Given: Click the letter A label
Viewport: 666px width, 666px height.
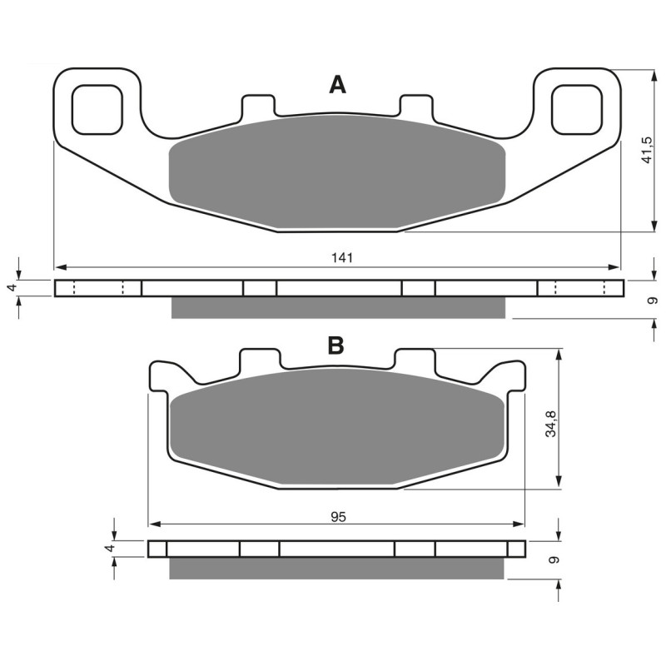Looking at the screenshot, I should (x=336, y=84).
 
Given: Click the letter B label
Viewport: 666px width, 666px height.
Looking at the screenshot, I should (x=335, y=345).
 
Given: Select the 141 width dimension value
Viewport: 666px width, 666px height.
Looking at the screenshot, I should (x=341, y=258).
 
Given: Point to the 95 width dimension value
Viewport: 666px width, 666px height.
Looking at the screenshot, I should (x=337, y=516).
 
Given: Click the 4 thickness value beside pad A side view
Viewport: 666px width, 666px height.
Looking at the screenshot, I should (x=12, y=287).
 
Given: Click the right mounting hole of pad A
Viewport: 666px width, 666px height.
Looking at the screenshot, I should (x=577, y=110).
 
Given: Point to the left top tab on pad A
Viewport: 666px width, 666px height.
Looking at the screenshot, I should (x=257, y=107).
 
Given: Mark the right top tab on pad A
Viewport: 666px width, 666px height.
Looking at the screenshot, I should (x=416, y=106).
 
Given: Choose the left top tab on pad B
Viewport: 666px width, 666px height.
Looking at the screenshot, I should (x=257, y=360).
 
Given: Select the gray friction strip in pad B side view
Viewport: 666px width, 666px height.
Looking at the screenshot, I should (x=337, y=569).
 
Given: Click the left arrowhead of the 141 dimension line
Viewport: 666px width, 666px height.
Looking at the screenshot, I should (x=59, y=267).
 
